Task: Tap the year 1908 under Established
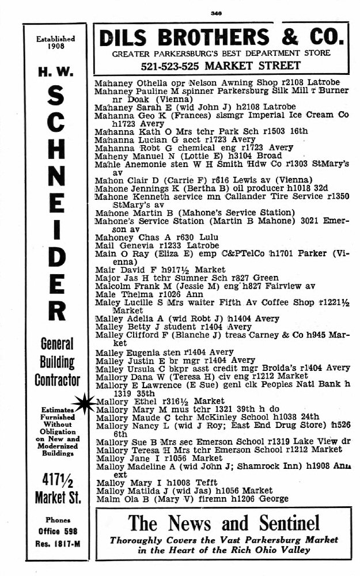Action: tap(55, 47)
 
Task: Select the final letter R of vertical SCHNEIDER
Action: tap(55, 311)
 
